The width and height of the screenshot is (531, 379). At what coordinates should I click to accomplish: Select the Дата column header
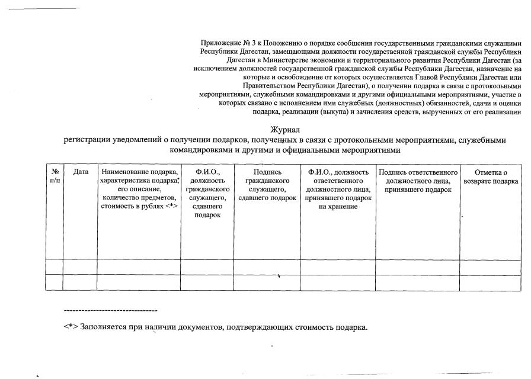click(80, 172)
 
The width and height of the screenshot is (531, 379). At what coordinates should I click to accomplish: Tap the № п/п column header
click(55, 176)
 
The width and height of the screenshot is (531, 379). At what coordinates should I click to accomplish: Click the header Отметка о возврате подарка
click(491, 176)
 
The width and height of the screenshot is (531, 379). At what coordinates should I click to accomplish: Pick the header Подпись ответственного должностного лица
click(417, 180)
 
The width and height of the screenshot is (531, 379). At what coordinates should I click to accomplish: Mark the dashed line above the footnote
click(110, 310)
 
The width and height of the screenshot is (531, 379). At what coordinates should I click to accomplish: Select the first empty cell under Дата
click(80, 267)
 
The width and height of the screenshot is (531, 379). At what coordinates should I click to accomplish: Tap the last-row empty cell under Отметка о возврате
click(491, 282)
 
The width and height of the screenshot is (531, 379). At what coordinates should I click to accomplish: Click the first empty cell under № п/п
click(55, 267)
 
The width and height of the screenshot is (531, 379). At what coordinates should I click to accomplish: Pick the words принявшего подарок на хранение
click(338, 202)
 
